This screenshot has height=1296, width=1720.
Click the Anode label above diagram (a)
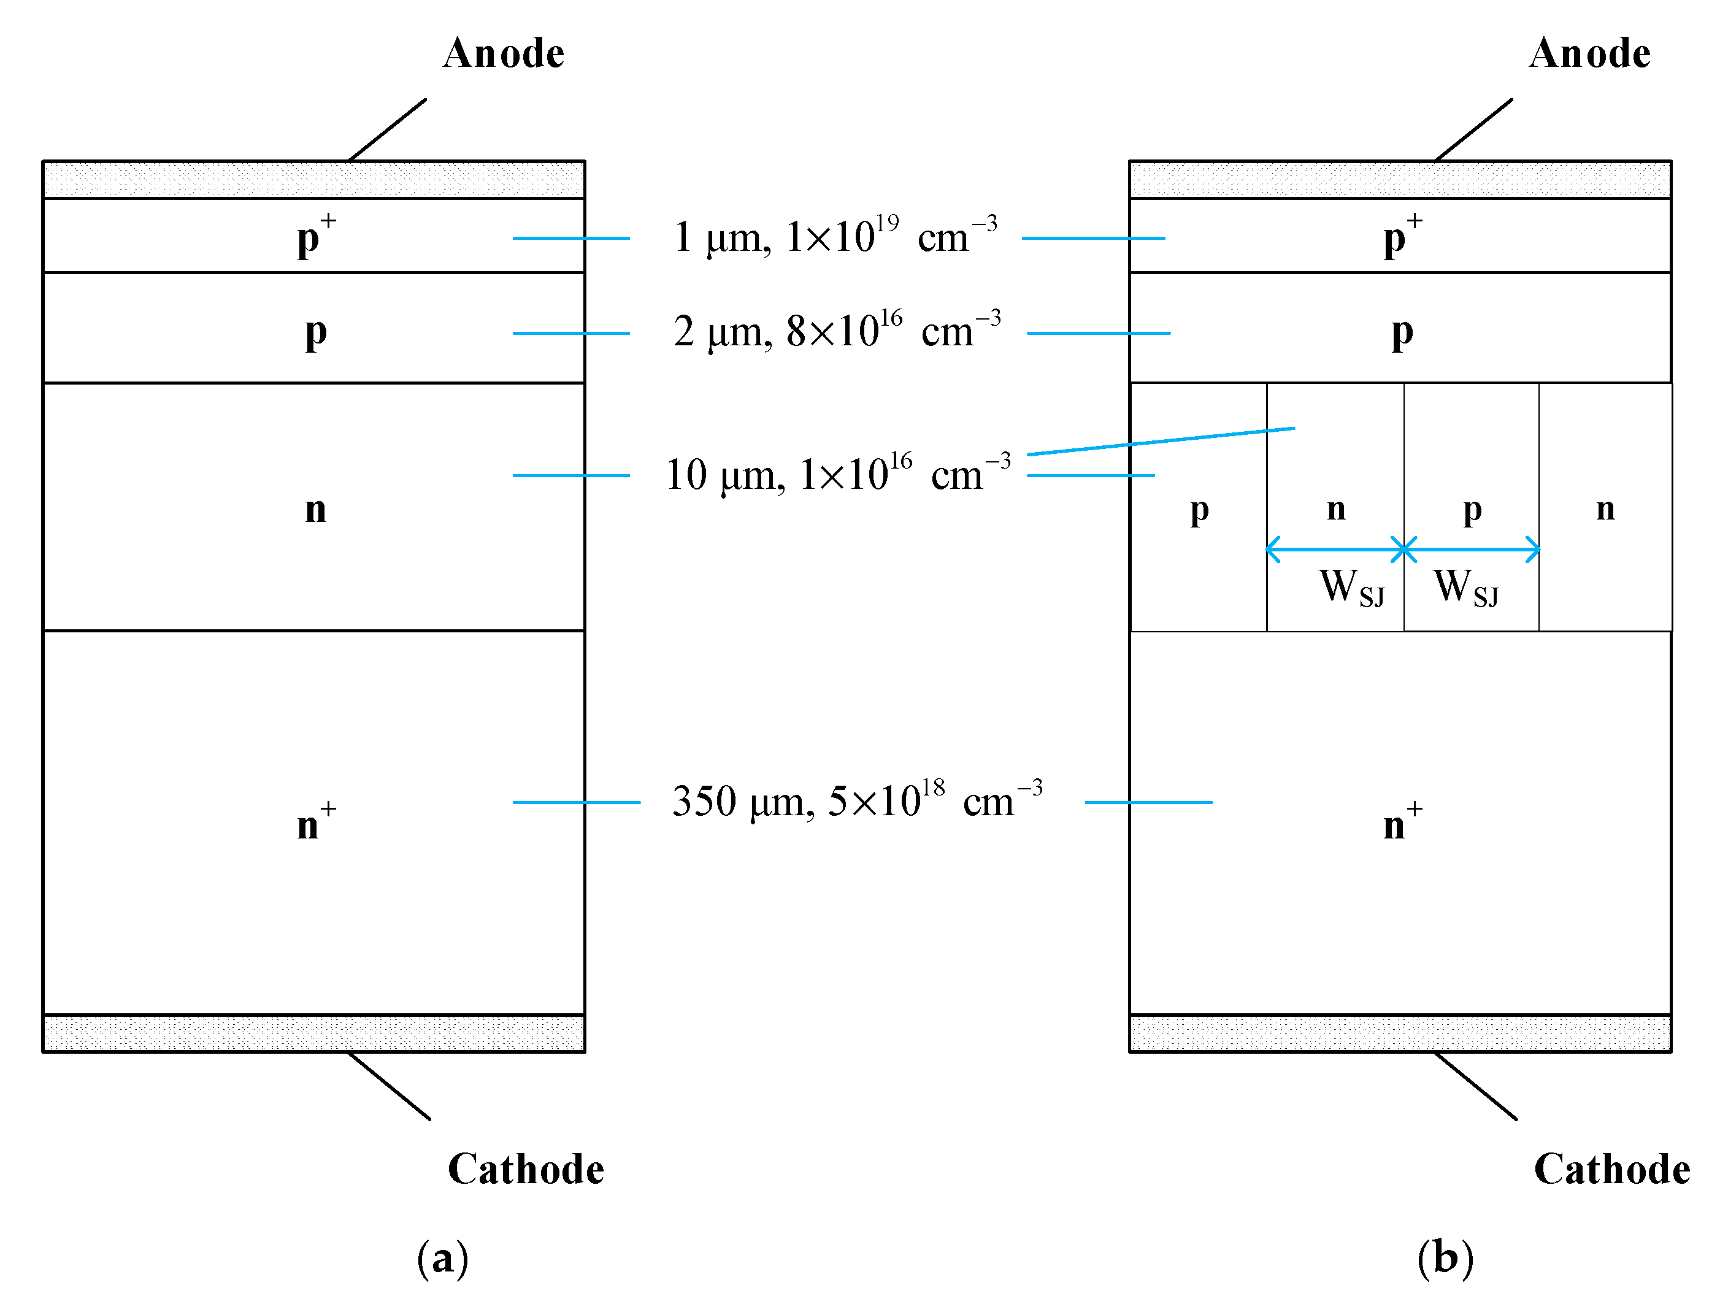point(503,53)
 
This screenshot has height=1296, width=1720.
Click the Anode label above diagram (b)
point(1589,53)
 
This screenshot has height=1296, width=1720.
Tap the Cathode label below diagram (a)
point(526,1168)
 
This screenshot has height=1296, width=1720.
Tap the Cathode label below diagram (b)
point(1612,1168)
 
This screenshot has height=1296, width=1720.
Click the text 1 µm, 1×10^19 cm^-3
point(834,236)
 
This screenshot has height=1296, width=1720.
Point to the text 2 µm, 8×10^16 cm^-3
point(837,331)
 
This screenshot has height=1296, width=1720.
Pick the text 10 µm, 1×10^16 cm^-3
point(837,474)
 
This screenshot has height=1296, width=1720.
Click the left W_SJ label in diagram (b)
point(1351,587)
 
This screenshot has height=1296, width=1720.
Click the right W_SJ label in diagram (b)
point(1465,587)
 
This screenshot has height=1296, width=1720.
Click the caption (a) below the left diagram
point(442,1258)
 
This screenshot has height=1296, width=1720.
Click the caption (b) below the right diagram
point(1445,1258)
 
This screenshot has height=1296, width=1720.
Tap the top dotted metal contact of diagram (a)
point(313,180)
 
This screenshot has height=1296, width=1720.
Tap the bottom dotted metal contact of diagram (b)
point(1400,1033)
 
